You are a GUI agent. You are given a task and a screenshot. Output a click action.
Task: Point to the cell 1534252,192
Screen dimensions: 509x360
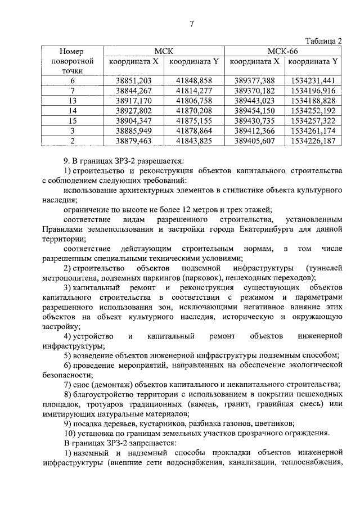[313, 110]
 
